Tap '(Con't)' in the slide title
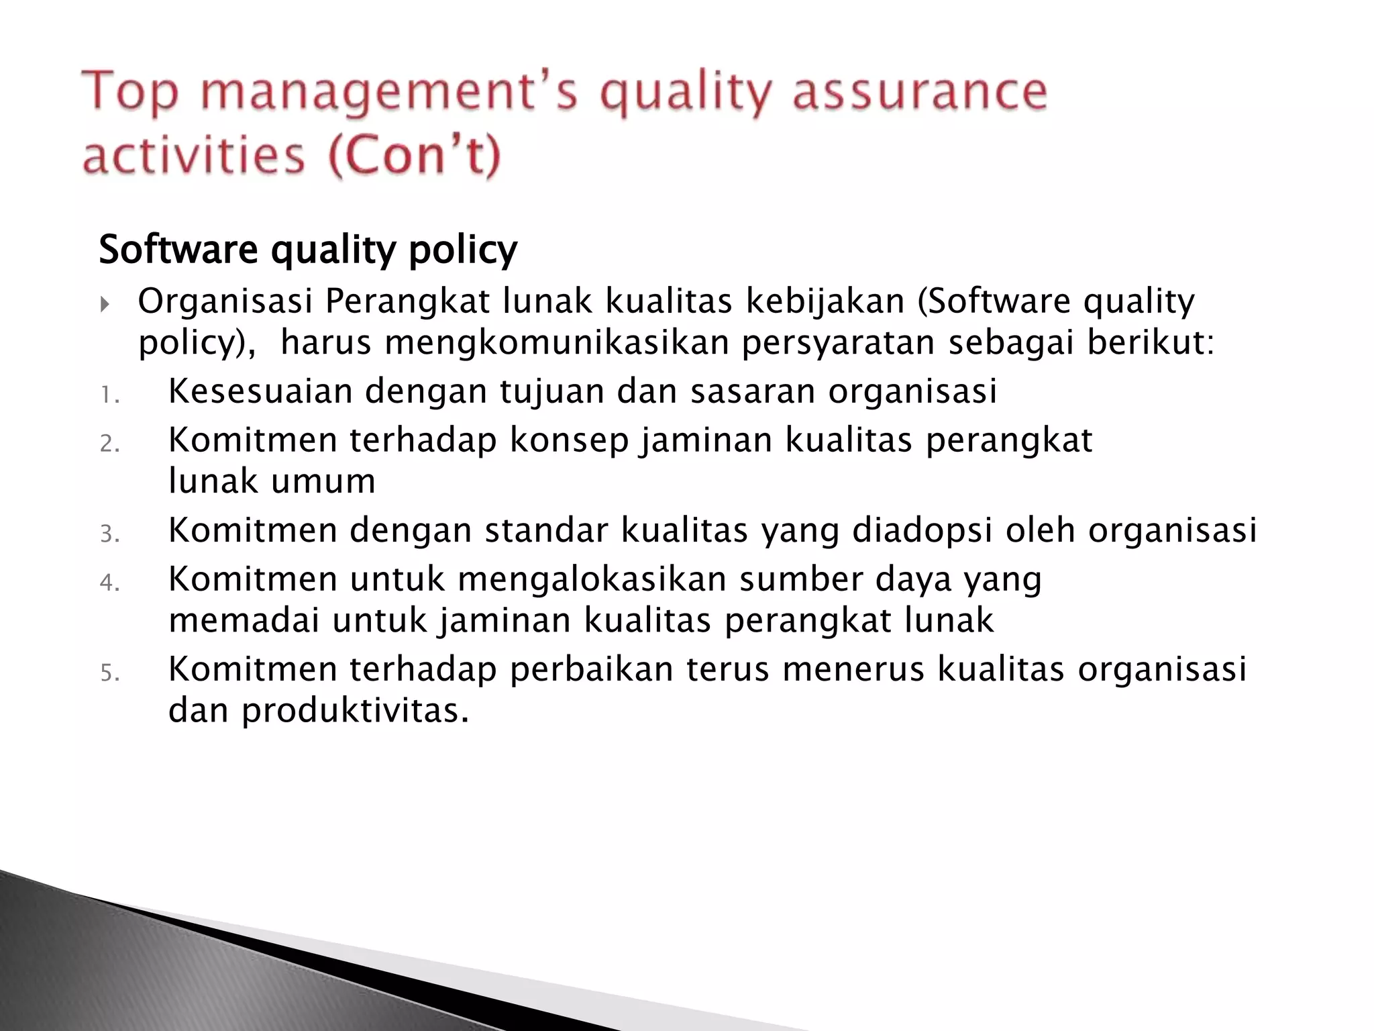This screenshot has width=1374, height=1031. click(414, 155)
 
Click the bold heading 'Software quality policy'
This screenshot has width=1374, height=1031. click(308, 250)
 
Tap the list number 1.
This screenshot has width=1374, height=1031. click(109, 395)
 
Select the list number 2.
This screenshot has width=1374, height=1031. click(109, 444)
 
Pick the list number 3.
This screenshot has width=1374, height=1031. click(109, 534)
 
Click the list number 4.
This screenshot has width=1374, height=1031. click(109, 583)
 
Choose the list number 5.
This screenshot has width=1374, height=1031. click(109, 673)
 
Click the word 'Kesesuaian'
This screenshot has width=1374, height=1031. click(260, 391)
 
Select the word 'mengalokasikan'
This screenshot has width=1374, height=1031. click(592, 579)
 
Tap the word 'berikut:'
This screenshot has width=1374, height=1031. click(1151, 342)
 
